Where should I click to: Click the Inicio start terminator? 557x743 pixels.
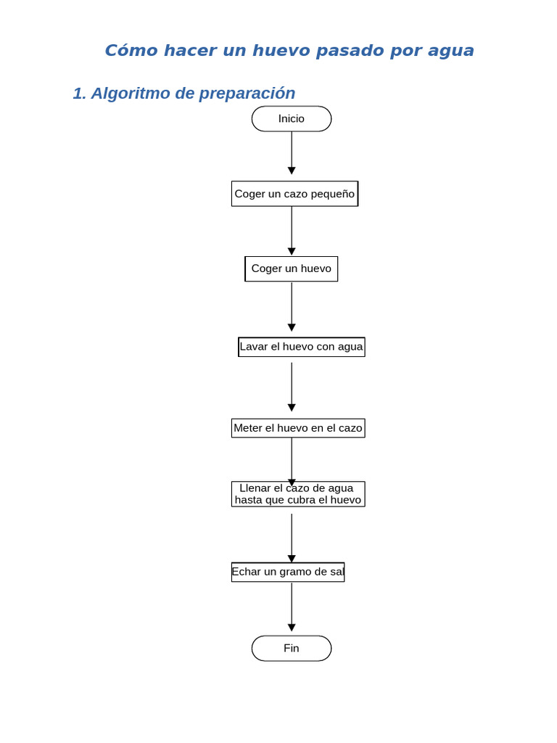click(x=292, y=119)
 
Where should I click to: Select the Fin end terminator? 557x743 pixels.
click(x=292, y=648)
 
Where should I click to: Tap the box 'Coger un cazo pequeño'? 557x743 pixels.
click(x=294, y=194)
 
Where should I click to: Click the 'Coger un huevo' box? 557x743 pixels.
click(x=291, y=268)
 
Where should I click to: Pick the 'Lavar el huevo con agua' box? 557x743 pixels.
click(x=301, y=347)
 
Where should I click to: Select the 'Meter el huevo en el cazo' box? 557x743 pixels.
click(x=297, y=428)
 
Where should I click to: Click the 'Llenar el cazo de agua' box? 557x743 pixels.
click(x=297, y=494)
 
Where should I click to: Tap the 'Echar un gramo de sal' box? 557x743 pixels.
click(x=288, y=572)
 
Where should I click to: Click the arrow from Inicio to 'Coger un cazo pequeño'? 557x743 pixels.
click(x=292, y=153)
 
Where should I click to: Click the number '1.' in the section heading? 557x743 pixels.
click(x=79, y=94)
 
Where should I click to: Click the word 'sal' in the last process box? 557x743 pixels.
click(x=337, y=572)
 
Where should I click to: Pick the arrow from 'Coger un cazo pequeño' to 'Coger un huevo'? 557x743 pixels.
click(x=292, y=231)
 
